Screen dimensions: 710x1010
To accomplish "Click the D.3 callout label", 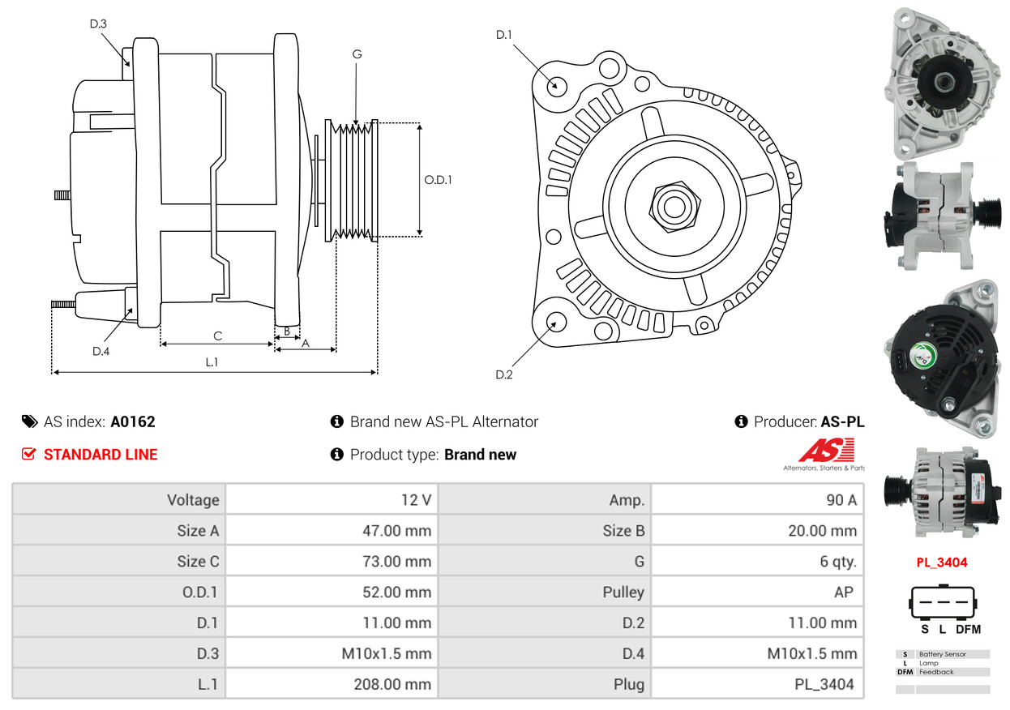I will coord(98,24).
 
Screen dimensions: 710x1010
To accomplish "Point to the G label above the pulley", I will coord(357,54).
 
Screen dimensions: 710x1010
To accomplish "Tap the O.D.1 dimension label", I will coord(438,180).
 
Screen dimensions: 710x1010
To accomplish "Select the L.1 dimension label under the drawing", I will coord(212,362).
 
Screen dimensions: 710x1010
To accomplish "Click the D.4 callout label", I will coord(101,351).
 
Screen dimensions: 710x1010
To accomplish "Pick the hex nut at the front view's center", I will coord(673,206).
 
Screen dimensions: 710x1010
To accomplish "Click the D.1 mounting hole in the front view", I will coord(556,85).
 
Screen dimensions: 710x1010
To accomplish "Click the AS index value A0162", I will coord(133,421).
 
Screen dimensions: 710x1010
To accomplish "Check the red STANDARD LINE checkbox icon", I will coord(28,454).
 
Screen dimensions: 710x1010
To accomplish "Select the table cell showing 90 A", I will coord(841,500).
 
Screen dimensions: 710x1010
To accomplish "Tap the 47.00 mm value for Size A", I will coord(396,531).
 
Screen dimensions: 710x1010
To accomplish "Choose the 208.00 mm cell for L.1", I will coord(392,684).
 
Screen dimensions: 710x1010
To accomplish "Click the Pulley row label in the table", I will coord(623,592).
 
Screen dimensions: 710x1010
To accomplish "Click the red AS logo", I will coord(826,451).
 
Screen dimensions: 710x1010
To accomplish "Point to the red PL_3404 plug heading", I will coord(942,562).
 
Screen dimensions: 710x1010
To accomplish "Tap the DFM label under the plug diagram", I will coord(968,629).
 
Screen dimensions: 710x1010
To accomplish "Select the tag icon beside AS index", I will coord(29,421).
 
